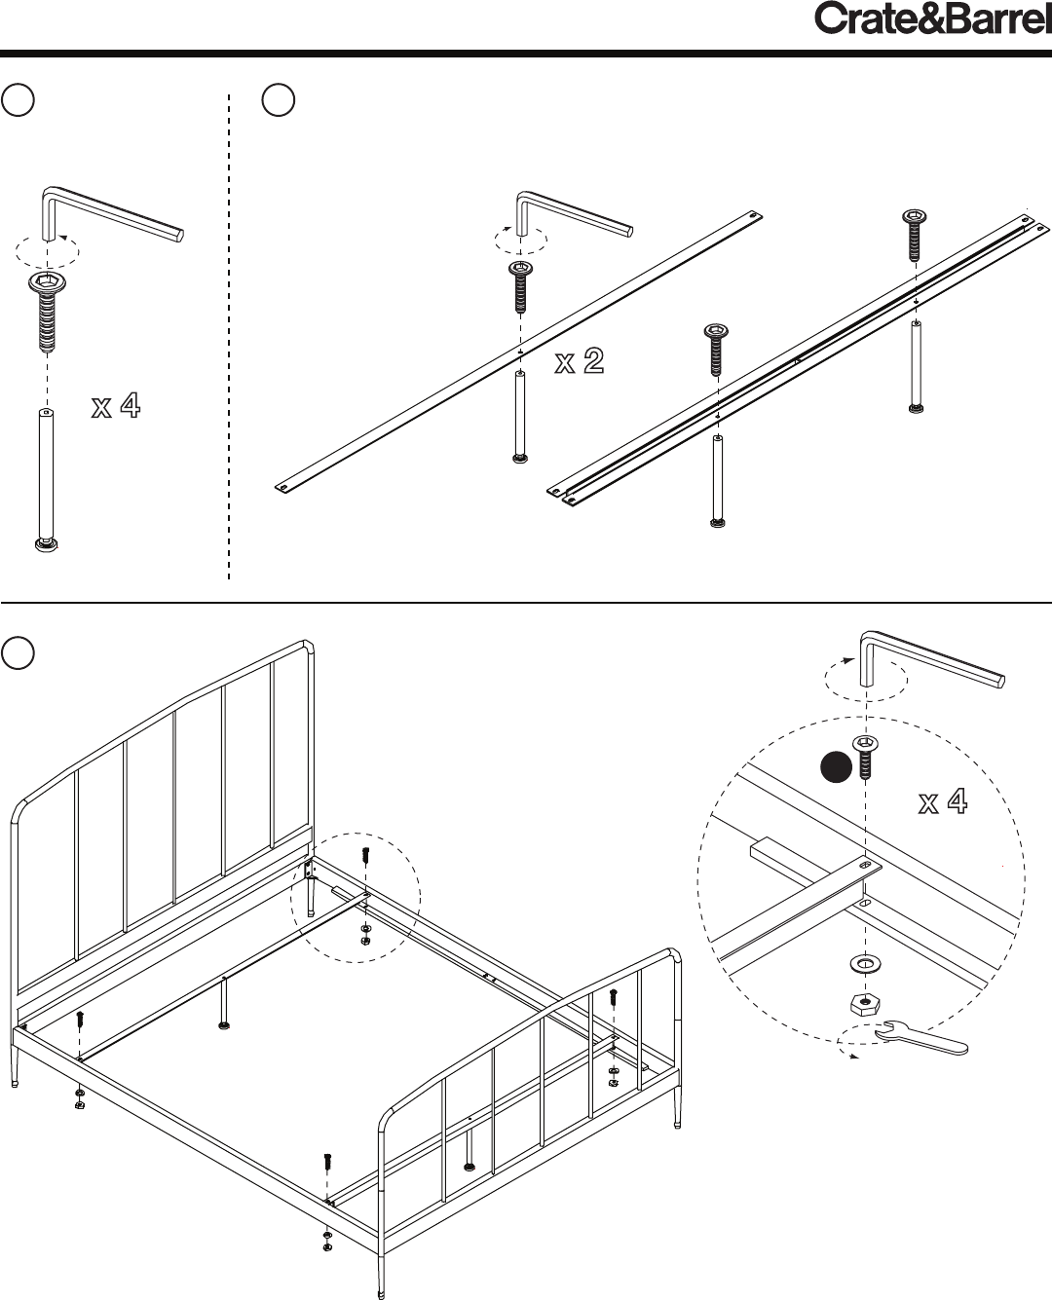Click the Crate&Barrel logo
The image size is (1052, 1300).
click(x=932, y=19)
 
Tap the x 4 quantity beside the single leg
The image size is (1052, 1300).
click(x=116, y=405)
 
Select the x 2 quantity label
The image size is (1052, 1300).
click(x=580, y=360)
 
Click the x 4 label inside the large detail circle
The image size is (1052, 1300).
click(x=943, y=801)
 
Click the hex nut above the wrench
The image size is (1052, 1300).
click(x=865, y=1004)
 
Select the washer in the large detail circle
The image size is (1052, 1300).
click(x=865, y=964)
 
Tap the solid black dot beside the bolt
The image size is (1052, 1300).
click(x=836, y=767)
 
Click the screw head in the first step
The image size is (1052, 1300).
click(x=47, y=282)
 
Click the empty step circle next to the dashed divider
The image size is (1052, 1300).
click(x=278, y=100)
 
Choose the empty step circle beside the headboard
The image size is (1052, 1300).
click(x=18, y=653)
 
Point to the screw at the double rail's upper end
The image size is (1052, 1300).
click(x=914, y=235)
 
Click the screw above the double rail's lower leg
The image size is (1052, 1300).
click(x=716, y=350)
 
